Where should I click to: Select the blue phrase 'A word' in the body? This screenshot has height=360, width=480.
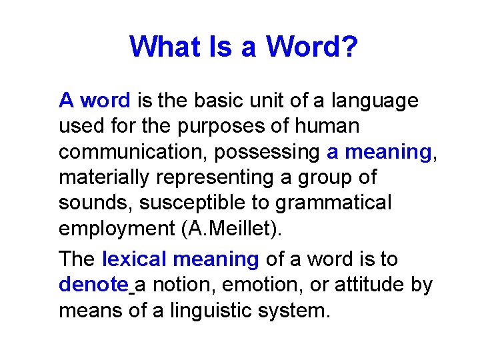pos(95,101)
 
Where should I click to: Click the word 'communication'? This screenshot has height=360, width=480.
pos(133,152)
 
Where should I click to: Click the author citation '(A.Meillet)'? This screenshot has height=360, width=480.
pos(231,229)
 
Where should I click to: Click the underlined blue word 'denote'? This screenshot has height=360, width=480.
pos(93,285)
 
